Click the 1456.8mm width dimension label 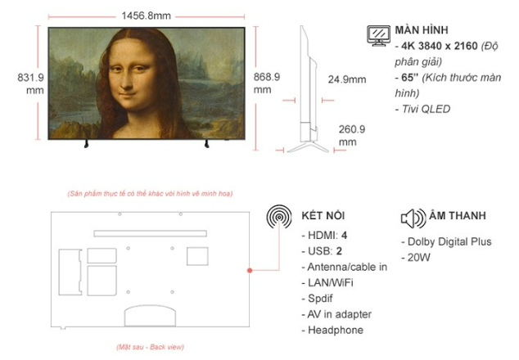(146, 16)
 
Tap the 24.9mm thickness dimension (347, 79)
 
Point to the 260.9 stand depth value (352, 129)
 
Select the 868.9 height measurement (267, 77)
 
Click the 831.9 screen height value (30, 78)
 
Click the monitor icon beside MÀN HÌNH (379, 36)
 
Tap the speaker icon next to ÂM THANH (413, 218)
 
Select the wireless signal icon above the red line (279, 217)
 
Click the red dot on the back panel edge (250, 270)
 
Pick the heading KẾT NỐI (323, 215)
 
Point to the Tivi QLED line (422, 109)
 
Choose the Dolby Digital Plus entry (446, 241)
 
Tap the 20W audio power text (416, 258)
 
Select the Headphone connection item (332, 330)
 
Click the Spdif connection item (317, 299)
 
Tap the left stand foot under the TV (87, 144)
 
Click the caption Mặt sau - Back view (151, 347)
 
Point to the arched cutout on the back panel (150, 306)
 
